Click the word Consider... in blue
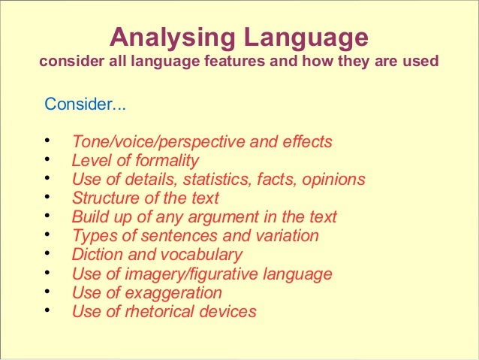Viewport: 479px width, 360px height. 86,104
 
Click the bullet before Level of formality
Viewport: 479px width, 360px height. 47,160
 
